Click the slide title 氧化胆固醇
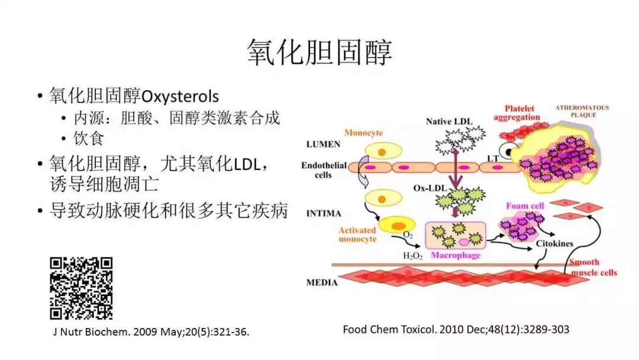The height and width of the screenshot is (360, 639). click(x=319, y=53)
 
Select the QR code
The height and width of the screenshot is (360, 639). click(x=81, y=288)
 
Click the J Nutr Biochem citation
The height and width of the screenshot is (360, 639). click(x=151, y=332)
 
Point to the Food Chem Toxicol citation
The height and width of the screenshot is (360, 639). click(x=456, y=329)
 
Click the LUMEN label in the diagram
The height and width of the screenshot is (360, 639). click(x=323, y=144)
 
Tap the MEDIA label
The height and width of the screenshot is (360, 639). click(x=322, y=282)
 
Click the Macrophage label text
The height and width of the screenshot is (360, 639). click(x=455, y=256)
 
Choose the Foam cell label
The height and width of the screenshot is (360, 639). click(x=525, y=206)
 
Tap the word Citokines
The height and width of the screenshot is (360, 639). click(x=554, y=243)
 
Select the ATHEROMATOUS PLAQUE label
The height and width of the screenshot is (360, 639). click(x=582, y=111)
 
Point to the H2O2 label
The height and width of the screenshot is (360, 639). click(x=412, y=256)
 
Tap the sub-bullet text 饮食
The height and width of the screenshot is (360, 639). click(x=89, y=139)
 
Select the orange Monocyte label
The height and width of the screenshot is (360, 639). click(x=363, y=133)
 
